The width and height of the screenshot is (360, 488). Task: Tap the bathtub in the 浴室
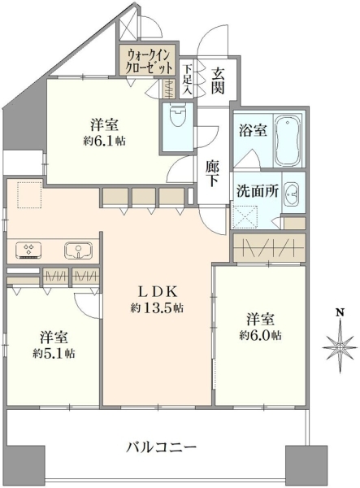(288, 141)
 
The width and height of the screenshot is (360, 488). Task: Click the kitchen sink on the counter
(78, 251)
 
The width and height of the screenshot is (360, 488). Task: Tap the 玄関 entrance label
(219, 81)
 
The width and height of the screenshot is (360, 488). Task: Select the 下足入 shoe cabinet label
(187, 79)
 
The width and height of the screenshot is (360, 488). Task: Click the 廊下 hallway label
(213, 174)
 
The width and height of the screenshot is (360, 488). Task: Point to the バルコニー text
(162, 448)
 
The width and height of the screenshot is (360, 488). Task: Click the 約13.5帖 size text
(157, 308)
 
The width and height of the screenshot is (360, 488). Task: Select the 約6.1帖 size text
(105, 142)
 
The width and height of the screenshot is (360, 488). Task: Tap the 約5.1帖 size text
(54, 354)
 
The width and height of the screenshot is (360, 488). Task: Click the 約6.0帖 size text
(261, 335)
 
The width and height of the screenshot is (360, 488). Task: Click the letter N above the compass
(341, 312)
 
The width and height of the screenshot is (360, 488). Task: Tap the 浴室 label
(253, 130)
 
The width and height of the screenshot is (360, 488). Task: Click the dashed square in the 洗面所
(246, 216)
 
